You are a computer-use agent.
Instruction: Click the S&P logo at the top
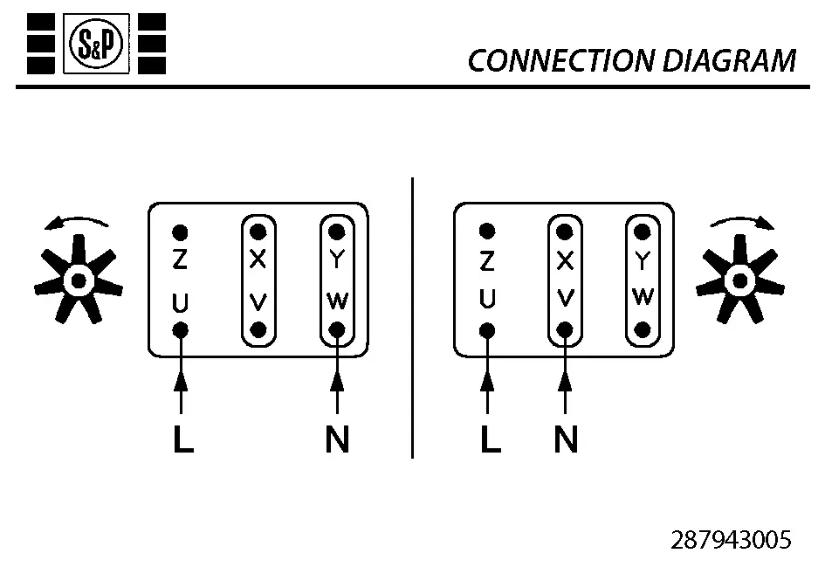[x=97, y=43]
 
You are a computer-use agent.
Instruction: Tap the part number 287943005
[x=731, y=539]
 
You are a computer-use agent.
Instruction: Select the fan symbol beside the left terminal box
[x=79, y=280]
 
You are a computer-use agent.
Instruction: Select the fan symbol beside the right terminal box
[x=740, y=280]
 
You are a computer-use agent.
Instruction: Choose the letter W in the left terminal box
[x=337, y=300]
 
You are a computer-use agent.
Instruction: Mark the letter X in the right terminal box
[x=566, y=260]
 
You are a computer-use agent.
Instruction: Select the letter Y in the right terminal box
[x=643, y=260]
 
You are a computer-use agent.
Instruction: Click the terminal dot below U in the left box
[x=181, y=330]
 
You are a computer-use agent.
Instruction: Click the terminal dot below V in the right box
[x=566, y=330]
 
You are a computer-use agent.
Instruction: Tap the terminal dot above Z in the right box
[x=488, y=232]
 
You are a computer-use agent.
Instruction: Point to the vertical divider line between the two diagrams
[x=412, y=315]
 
